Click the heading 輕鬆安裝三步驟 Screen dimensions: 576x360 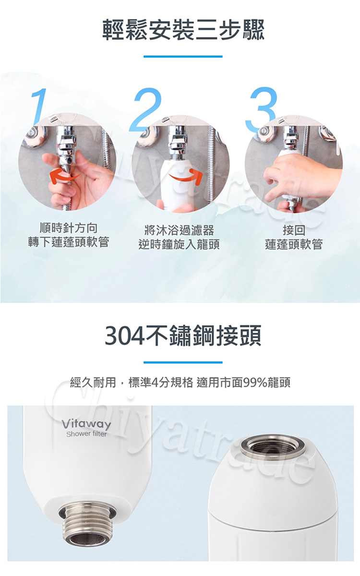pos(183,30)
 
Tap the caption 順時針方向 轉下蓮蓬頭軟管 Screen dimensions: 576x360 pos(68,235)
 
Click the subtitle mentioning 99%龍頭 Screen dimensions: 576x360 pos(180,383)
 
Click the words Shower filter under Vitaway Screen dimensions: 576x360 pos(86,434)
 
